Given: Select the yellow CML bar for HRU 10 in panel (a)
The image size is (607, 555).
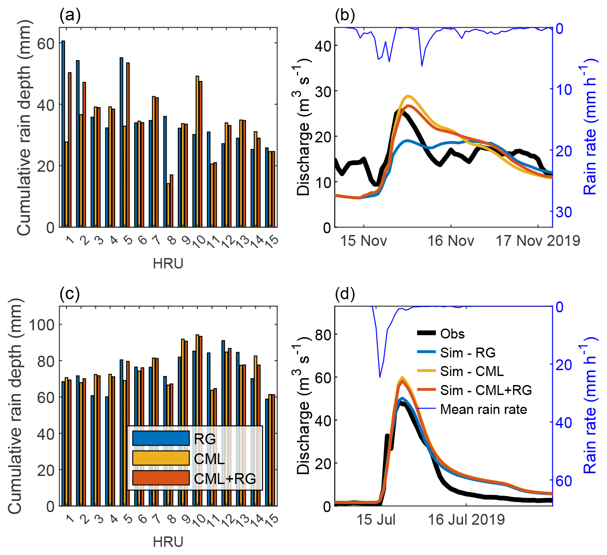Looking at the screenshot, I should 197,151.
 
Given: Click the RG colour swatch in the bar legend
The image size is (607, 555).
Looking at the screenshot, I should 161,438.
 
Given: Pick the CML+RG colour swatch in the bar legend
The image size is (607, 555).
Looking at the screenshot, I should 161,478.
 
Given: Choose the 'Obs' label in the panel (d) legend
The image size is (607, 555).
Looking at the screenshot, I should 452,334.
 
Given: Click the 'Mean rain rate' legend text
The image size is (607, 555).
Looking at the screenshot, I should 483,409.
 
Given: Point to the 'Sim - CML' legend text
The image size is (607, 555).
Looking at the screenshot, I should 472,372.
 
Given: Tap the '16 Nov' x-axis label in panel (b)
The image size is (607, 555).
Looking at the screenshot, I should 450,241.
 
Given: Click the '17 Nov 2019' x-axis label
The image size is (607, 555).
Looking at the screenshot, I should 538,241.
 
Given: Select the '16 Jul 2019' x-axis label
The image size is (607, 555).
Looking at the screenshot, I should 466,520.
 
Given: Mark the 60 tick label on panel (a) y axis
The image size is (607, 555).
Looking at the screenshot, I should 45,43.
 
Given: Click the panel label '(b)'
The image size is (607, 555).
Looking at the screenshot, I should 345,15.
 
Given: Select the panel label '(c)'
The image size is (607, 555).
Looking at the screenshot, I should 70,294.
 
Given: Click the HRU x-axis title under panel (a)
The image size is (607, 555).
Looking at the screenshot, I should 168,263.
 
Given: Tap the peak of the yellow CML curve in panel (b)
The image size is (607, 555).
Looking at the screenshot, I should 408,96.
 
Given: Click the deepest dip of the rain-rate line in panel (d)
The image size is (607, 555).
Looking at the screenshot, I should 380,377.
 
